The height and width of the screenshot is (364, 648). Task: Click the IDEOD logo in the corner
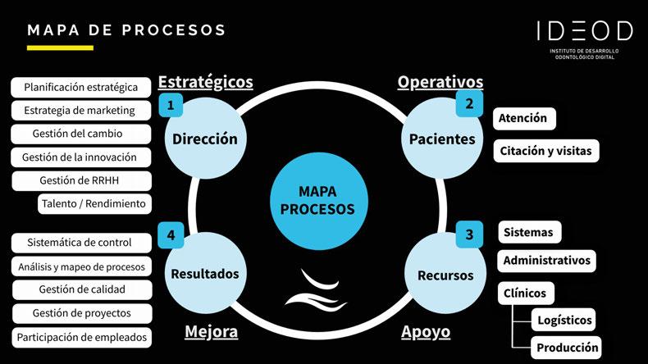coord(584,38)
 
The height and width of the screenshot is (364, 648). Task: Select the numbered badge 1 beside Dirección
coord(170,105)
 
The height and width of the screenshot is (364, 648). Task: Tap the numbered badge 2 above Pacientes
coord(468,104)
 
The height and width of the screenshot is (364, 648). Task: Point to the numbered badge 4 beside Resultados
coord(171,235)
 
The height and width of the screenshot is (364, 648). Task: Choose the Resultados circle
coord(204,273)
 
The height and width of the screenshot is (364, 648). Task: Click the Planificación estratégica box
coord(81,87)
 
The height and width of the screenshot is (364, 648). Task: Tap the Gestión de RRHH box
coord(82,180)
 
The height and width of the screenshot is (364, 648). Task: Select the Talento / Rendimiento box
coord(94,203)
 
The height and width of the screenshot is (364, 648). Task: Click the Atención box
coord(524,118)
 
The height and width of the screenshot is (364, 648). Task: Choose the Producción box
coord(566,347)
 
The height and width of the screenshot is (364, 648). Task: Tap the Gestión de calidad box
coord(82,289)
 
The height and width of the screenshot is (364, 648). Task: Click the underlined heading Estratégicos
coord(205,82)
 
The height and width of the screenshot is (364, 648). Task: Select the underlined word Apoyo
coord(426,332)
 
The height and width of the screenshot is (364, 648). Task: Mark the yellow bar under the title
coord(60,48)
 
